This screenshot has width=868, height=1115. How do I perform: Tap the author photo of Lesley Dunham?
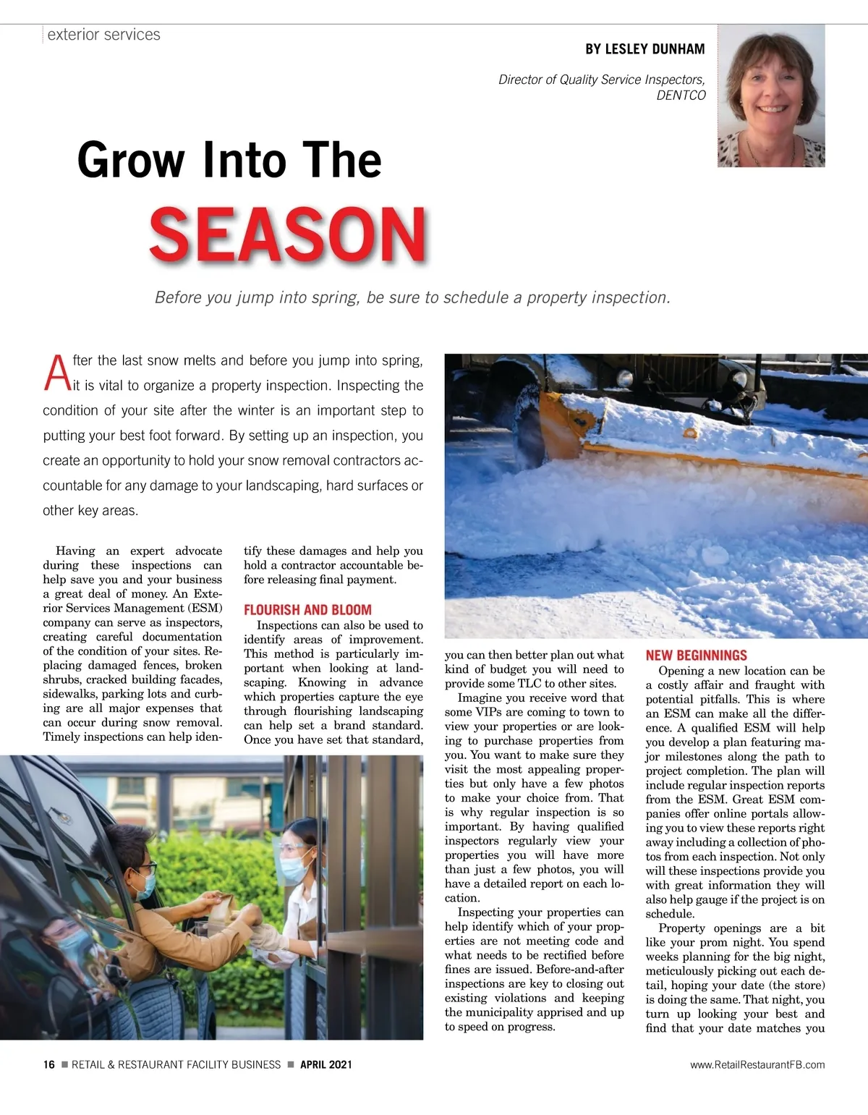[x=771, y=96]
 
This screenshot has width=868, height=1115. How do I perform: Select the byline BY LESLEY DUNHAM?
[x=644, y=49]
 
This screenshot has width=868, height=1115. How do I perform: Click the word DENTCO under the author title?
[x=681, y=95]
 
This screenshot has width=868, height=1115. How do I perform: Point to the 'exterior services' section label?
[x=103, y=35]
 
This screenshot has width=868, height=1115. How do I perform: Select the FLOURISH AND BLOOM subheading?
[x=307, y=610]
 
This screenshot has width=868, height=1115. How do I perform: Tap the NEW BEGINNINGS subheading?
[x=696, y=656]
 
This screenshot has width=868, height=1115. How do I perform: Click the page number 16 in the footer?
[x=48, y=1064]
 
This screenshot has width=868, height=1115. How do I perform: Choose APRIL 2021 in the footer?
[x=325, y=1064]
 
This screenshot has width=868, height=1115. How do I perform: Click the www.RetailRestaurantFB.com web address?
[x=757, y=1064]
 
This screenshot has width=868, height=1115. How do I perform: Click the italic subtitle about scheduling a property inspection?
[x=412, y=297]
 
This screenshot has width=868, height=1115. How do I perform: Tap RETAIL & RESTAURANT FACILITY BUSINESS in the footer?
[x=176, y=1064]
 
